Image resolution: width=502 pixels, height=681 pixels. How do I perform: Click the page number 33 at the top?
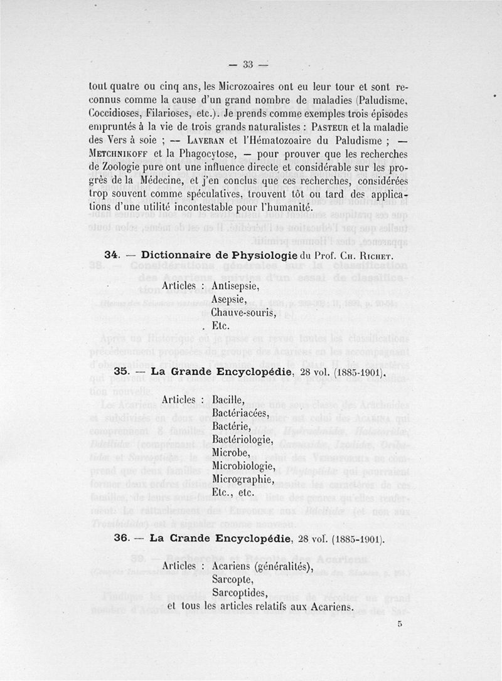[247, 64]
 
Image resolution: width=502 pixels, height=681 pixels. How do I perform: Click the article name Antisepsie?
[235, 285]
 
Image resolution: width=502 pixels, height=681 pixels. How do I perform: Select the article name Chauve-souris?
[243, 312]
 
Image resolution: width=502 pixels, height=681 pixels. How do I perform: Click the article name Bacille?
[228, 399]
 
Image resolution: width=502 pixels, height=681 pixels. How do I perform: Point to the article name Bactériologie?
[242, 440]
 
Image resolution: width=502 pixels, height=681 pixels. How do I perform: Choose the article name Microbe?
[231, 453]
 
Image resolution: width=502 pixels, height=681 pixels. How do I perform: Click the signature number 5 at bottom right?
[399, 624]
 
